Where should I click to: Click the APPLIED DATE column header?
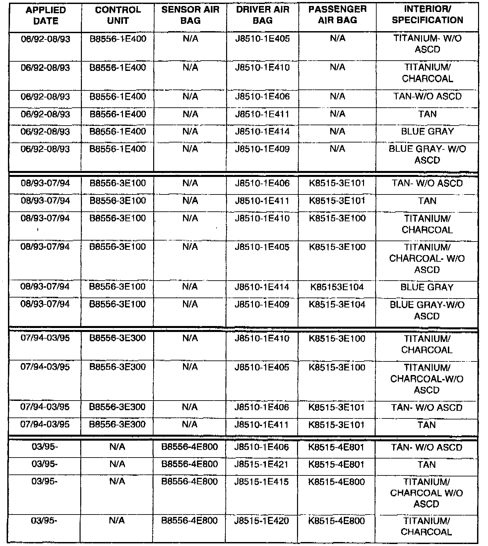pos(46,16)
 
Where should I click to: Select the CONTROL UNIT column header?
pos(118,16)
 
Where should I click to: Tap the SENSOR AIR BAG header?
pos(190,16)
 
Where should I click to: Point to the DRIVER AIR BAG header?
pos(262,16)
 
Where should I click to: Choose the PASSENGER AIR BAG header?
pos(337,15)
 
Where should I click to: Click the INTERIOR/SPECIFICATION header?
pos(427,15)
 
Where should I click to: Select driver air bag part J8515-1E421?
pos(262,465)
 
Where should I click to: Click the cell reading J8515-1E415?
pos(262,482)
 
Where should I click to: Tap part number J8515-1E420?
pos(262,521)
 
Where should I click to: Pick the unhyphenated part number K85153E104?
pos(337,287)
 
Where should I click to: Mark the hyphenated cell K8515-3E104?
pos(337,305)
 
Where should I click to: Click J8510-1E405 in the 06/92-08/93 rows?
pos(262,39)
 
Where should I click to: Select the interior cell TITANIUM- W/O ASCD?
pos(427,44)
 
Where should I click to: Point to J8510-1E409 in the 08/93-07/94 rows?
pos(262,305)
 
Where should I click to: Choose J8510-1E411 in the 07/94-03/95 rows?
pos(262,425)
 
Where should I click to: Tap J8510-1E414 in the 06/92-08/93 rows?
pos(262,132)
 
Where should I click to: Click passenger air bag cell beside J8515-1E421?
pos(336,465)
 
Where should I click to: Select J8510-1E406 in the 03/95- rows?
pos(262,448)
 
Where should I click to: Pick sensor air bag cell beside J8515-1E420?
pos(190,521)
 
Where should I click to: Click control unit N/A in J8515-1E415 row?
pos(117,482)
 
